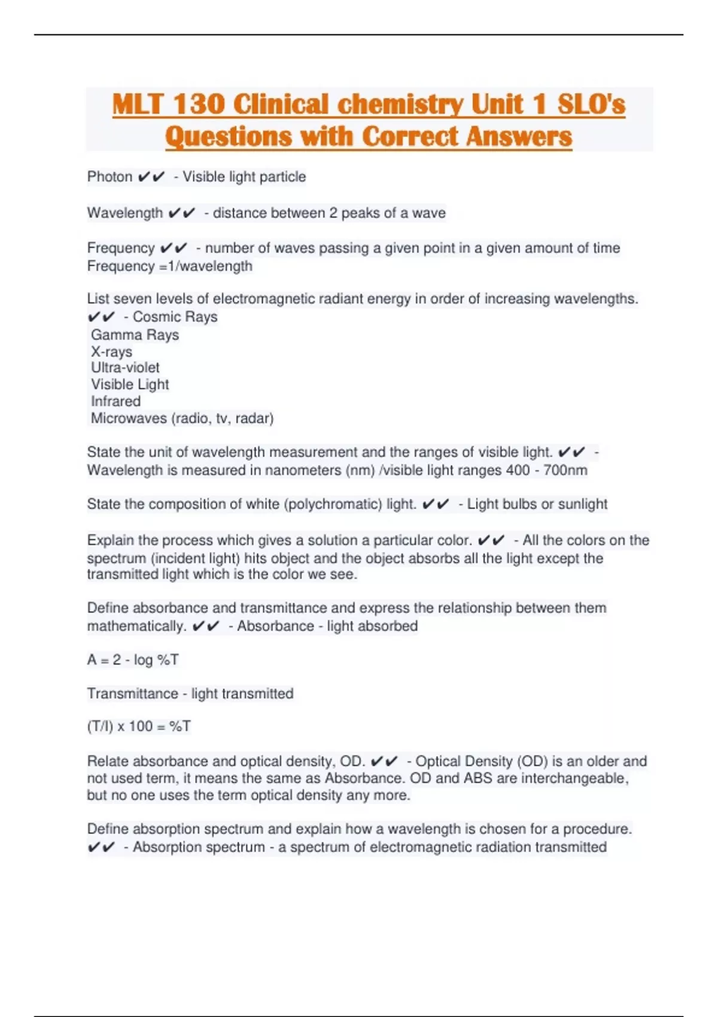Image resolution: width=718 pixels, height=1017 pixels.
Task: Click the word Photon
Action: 109,177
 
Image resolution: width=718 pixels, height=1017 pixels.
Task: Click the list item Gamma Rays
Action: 135,335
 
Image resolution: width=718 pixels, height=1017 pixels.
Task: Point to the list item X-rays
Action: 111,352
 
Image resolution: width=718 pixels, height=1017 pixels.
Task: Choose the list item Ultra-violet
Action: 125,368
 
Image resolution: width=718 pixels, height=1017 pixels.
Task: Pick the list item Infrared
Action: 115,401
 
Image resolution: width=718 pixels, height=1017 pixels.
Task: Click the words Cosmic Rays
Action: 175,317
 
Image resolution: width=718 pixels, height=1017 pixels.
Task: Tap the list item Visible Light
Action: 130,385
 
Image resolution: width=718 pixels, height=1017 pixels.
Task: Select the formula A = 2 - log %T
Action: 133,660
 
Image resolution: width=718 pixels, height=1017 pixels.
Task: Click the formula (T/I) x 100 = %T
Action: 139,726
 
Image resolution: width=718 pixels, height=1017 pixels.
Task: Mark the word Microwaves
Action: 129,418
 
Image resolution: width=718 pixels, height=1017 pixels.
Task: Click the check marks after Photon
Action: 151,177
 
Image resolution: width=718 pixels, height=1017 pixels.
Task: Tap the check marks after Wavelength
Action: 181,213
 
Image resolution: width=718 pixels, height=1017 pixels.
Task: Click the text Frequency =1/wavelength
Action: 169,266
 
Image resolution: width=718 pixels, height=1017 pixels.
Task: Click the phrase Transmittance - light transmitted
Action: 190,694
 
